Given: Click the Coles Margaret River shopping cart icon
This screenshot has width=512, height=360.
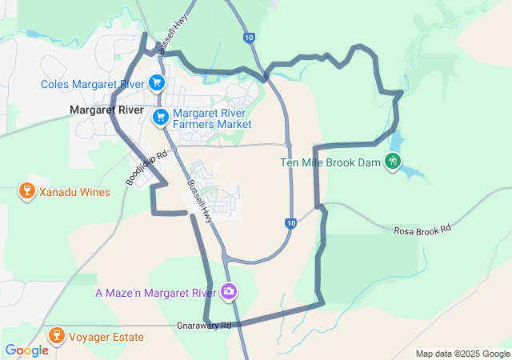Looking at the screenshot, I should point(156,82).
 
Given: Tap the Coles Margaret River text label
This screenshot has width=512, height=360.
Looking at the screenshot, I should point(94,83).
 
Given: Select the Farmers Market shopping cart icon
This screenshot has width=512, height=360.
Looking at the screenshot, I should point(161,117).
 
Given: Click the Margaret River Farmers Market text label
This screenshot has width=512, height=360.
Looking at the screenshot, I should point(212,118).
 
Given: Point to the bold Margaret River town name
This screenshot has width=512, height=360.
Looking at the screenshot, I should point(106,110).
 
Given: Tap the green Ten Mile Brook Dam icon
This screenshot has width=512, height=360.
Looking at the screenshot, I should point(392,162).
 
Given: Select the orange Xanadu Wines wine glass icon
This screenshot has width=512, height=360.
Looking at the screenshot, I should point(26,192).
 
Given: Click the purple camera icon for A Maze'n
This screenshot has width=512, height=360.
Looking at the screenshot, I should point(230,292).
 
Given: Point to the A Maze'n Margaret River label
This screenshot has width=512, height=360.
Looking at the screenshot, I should point(155,293).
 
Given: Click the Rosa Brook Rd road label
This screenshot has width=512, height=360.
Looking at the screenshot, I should point(422,230).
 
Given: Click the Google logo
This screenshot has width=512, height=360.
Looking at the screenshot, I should point(26,350).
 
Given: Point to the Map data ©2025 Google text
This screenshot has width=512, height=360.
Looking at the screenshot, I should point(462,354).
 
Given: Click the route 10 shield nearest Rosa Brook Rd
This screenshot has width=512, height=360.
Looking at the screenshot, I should point(292,223).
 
